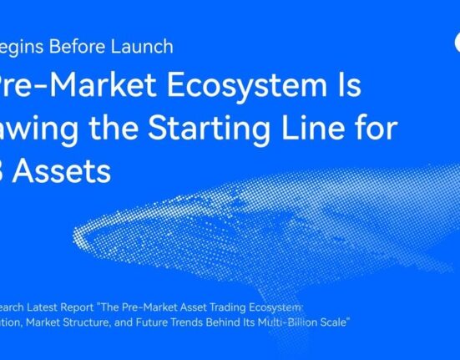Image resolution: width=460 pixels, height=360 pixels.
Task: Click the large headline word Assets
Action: coord(67,171)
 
